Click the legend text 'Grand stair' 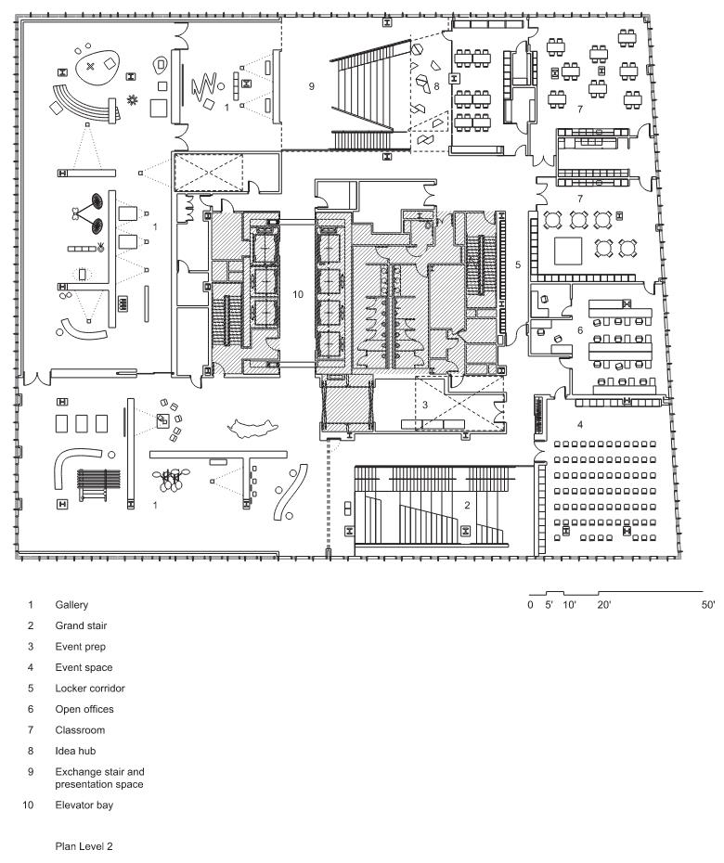[x=81, y=625]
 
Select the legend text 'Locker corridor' [x=90, y=688]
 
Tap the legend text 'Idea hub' [x=75, y=751]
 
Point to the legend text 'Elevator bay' [x=84, y=805]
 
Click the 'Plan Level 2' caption [x=84, y=846]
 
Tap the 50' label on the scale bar [x=708, y=605]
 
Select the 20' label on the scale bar [x=604, y=605]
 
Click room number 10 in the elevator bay [x=298, y=294]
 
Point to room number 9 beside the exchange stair [x=312, y=86]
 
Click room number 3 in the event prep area [x=425, y=405]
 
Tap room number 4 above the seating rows [x=580, y=424]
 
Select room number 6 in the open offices [x=580, y=330]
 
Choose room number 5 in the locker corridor [x=518, y=264]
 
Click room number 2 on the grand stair [x=467, y=505]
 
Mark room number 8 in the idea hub [x=436, y=86]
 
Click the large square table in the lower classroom [x=568, y=251]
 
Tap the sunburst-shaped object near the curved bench [x=132, y=99]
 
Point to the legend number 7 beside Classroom [x=31, y=729]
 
